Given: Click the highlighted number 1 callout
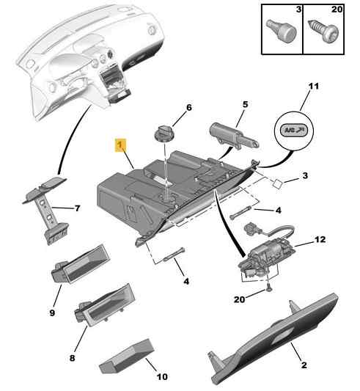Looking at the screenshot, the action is tap(120, 145).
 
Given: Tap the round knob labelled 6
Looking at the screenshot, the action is tap(164, 134).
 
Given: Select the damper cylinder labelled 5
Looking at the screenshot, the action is tap(233, 136).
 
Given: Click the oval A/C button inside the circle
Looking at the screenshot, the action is tap(293, 130).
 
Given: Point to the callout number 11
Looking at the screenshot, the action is tap(314, 86).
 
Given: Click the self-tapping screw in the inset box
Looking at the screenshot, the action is tap(323, 31).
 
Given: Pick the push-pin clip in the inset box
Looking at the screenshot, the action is tap(282, 31).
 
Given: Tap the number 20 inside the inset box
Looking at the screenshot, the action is tap(337, 10).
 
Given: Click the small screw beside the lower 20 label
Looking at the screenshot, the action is tap(268, 288).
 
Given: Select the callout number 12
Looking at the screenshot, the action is tap(320, 239).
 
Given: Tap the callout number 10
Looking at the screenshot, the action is tap(162, 376).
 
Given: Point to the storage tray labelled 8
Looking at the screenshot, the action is tap(105, 305).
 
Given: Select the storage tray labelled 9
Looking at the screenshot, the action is tap(81, 264).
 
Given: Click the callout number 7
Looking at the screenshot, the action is tap(78, 208).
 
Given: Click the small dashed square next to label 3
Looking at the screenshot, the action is tap(278, 184).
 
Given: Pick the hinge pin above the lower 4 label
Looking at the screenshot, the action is tap(174, 255).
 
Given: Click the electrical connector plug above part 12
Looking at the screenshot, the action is tap(251, 229).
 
